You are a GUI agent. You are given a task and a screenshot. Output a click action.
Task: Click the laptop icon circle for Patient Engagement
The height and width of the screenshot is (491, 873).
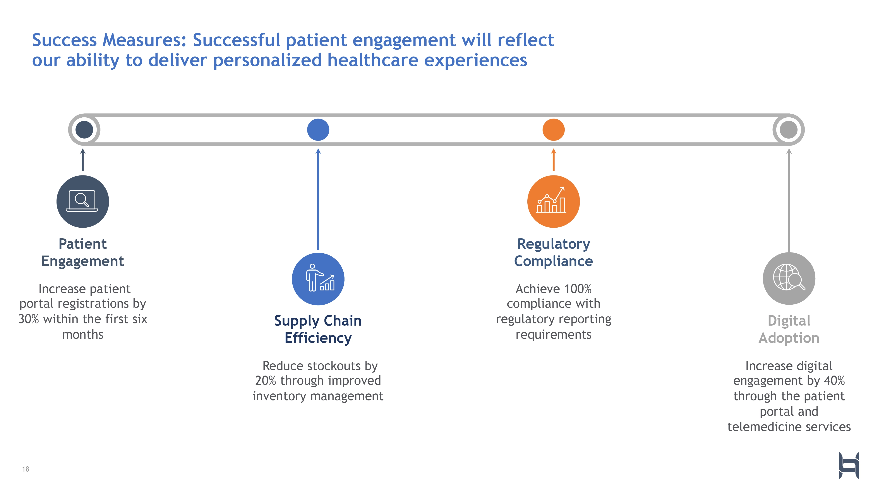[83, 202]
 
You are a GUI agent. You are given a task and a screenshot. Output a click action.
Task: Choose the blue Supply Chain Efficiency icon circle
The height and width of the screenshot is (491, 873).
[318, 279]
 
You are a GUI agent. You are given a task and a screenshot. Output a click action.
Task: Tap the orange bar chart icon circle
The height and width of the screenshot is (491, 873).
[553, 202]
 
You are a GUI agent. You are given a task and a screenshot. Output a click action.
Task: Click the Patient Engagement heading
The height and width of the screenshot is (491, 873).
[83, 252]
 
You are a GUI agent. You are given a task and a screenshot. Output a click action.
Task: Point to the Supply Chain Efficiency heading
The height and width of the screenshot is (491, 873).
[318, 329]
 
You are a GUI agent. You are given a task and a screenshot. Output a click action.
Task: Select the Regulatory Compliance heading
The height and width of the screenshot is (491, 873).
[553, 252]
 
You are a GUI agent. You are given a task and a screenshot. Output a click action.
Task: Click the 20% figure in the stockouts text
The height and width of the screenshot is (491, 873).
[266, 381]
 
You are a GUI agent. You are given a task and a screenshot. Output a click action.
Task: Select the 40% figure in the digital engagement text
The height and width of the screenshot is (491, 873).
[834, 381]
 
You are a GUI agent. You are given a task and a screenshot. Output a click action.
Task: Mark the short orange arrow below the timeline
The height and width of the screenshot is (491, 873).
[553, 160]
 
